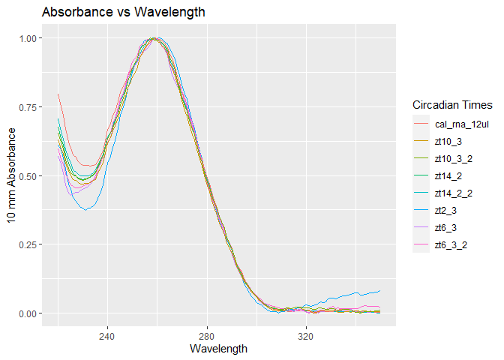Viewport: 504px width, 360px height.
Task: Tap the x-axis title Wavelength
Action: pyautogui.click(x=219, y=349)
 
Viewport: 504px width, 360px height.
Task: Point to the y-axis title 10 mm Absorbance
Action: pyautogui.click(x=12, y=175)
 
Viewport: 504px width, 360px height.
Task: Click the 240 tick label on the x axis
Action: pyautogui.click(x=107, y=335)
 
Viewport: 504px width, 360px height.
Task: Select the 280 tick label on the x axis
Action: pyautogui.click(x=207, y=335)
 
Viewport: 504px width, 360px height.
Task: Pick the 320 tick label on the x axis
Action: pyautogui.click(x=306, y=335)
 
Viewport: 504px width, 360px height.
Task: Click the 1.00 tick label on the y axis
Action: pyautogui.click(x=32, y=38)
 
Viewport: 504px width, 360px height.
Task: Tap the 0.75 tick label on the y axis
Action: pyautogui.click(x=32, y=107)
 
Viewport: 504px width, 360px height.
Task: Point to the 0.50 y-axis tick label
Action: pyautogui.click(x=32, y=175)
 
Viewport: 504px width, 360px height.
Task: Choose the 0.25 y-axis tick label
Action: pyautogui.click(x=32, y=244)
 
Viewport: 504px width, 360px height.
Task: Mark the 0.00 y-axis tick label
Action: pyautogui.click(x=32, y=313)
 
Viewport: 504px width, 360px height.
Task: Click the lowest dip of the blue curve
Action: pyautogui.click(x=85, y=210)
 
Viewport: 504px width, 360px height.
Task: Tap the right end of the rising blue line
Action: pyautogui.click(x=380, y=290)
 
